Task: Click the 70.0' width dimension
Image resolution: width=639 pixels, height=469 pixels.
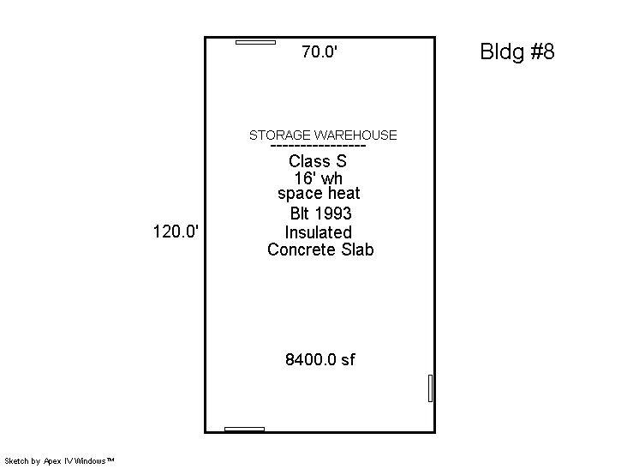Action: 319,51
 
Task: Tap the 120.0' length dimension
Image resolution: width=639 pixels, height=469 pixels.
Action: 176,231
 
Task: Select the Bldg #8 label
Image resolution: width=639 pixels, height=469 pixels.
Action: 517,51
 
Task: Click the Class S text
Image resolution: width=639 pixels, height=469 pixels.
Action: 318,161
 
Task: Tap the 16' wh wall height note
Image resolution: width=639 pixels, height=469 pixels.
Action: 319,178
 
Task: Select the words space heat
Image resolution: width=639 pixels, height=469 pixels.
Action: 319,194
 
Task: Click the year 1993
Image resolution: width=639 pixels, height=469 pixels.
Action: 333,213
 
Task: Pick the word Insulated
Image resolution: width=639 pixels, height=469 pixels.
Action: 319,232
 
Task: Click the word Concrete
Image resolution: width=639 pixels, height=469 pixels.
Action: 302,250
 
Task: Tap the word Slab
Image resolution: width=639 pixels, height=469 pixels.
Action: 357,250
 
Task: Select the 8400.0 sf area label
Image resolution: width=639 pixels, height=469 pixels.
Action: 319,359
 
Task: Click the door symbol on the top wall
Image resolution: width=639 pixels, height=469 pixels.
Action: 255,42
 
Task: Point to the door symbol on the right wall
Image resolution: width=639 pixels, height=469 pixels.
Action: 430,388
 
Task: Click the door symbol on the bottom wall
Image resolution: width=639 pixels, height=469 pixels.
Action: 244,429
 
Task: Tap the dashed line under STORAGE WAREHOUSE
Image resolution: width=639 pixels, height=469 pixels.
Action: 319,146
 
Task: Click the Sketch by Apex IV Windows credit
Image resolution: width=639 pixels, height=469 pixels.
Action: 59,461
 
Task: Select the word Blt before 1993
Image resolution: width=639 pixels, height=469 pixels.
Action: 301,213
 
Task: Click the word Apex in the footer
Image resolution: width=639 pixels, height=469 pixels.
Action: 52,461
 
